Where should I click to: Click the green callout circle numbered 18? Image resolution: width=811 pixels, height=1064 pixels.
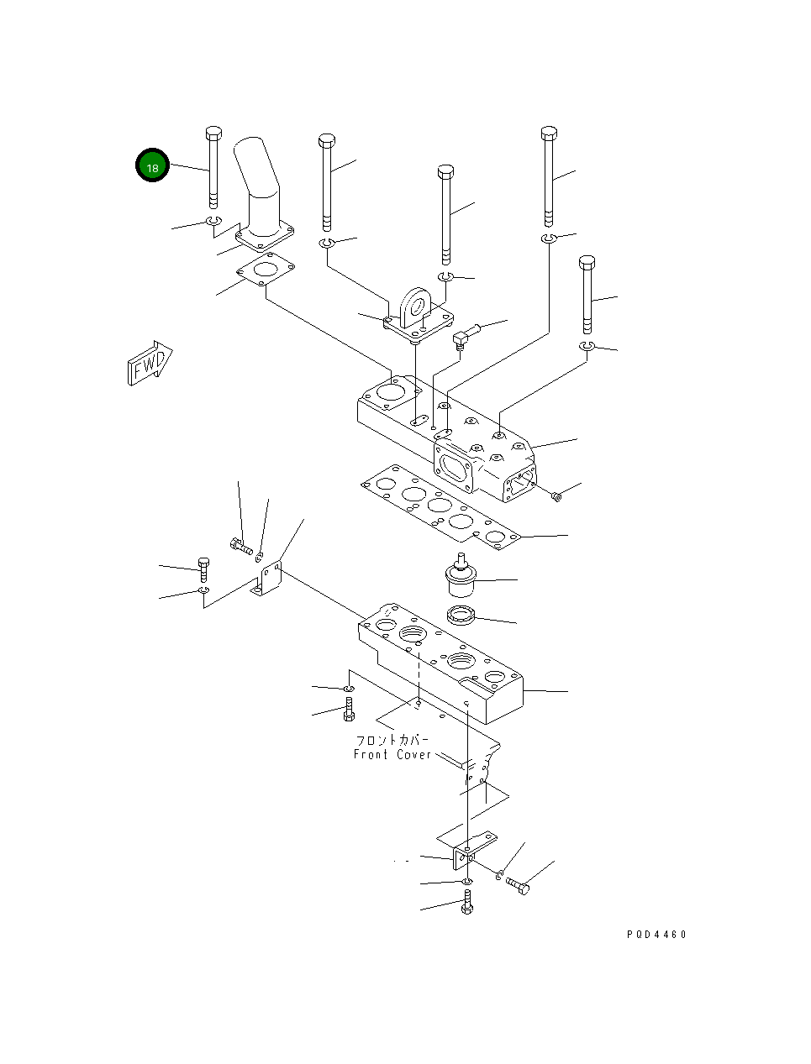(x=152, y=165)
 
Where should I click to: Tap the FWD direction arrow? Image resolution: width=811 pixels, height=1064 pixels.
(x=150, y=363)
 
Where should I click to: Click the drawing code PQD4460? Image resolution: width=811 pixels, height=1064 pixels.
(x=656, y=934)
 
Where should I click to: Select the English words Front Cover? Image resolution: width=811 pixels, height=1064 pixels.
(x=392, y=754)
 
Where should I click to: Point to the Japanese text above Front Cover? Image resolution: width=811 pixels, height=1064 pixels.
(x=392, y=740)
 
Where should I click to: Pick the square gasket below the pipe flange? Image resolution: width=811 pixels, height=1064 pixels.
(x=266, y=269)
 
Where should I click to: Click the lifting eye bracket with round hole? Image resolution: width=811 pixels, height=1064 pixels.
(x=419, y=317)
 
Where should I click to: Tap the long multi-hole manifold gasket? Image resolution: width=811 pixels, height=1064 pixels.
(x=440, y=507)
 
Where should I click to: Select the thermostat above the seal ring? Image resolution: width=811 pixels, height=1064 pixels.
(x=461, y=575)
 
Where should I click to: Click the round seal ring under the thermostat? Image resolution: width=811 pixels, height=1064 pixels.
(x=461, y=616)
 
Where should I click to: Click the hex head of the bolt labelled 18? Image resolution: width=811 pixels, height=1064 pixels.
(x=213, y=133)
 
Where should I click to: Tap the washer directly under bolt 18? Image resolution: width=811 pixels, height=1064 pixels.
(x=214, y=221)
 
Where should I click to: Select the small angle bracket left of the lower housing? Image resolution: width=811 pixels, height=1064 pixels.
(x=266, y=579)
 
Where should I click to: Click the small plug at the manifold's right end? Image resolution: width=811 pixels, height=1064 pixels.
(x=556, y=496)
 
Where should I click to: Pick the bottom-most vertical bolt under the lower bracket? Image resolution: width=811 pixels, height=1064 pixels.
(x=467, y=902)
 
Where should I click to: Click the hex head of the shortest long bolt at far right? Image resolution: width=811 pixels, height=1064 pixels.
(x=587, y=262)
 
